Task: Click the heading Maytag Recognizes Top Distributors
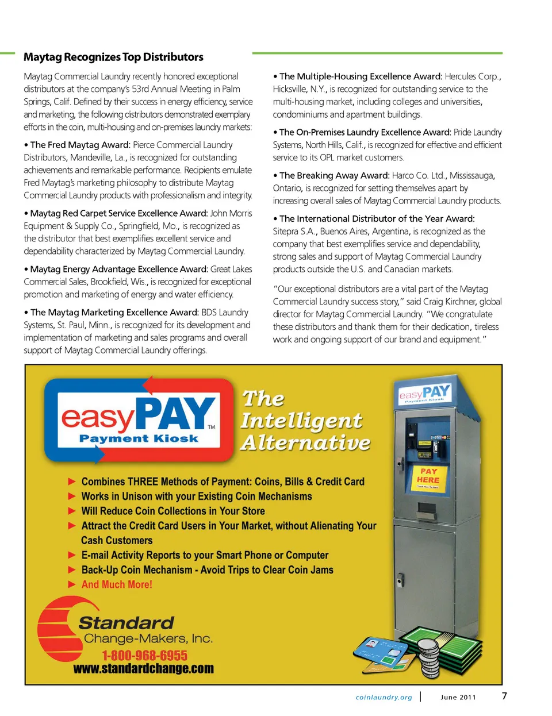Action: [x=113, y=57]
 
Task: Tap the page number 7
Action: [x=504, y=696]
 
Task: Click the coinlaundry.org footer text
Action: [x=384, y=698]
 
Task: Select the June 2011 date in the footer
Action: [x=458, y=698]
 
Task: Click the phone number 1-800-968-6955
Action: [x=144, y=656]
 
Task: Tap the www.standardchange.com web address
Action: [x=143, y=669]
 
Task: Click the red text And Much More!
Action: [x=117, y=584]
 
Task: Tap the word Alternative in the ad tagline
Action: [x=305, y=442]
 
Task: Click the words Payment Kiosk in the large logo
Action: [x=138, y=438]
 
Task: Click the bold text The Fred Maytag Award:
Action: [x=80, y=145]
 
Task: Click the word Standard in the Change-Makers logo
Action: [x=126, y=623]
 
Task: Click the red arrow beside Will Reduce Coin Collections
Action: [x=72, y=511]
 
